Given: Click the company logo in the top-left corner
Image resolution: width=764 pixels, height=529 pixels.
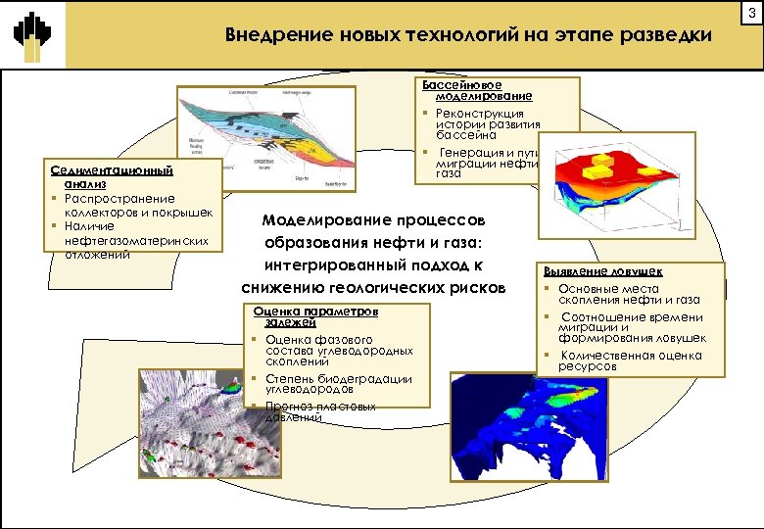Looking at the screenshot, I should point(32,35).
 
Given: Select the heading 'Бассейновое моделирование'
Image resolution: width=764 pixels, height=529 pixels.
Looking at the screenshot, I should point(477,91).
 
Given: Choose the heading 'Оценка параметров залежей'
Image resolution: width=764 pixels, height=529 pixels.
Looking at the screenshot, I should point(313,315).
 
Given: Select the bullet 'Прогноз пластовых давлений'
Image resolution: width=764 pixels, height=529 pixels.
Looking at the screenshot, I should point(319,411).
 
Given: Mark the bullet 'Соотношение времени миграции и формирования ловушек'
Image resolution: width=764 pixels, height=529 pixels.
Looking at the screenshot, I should point(631,327).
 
